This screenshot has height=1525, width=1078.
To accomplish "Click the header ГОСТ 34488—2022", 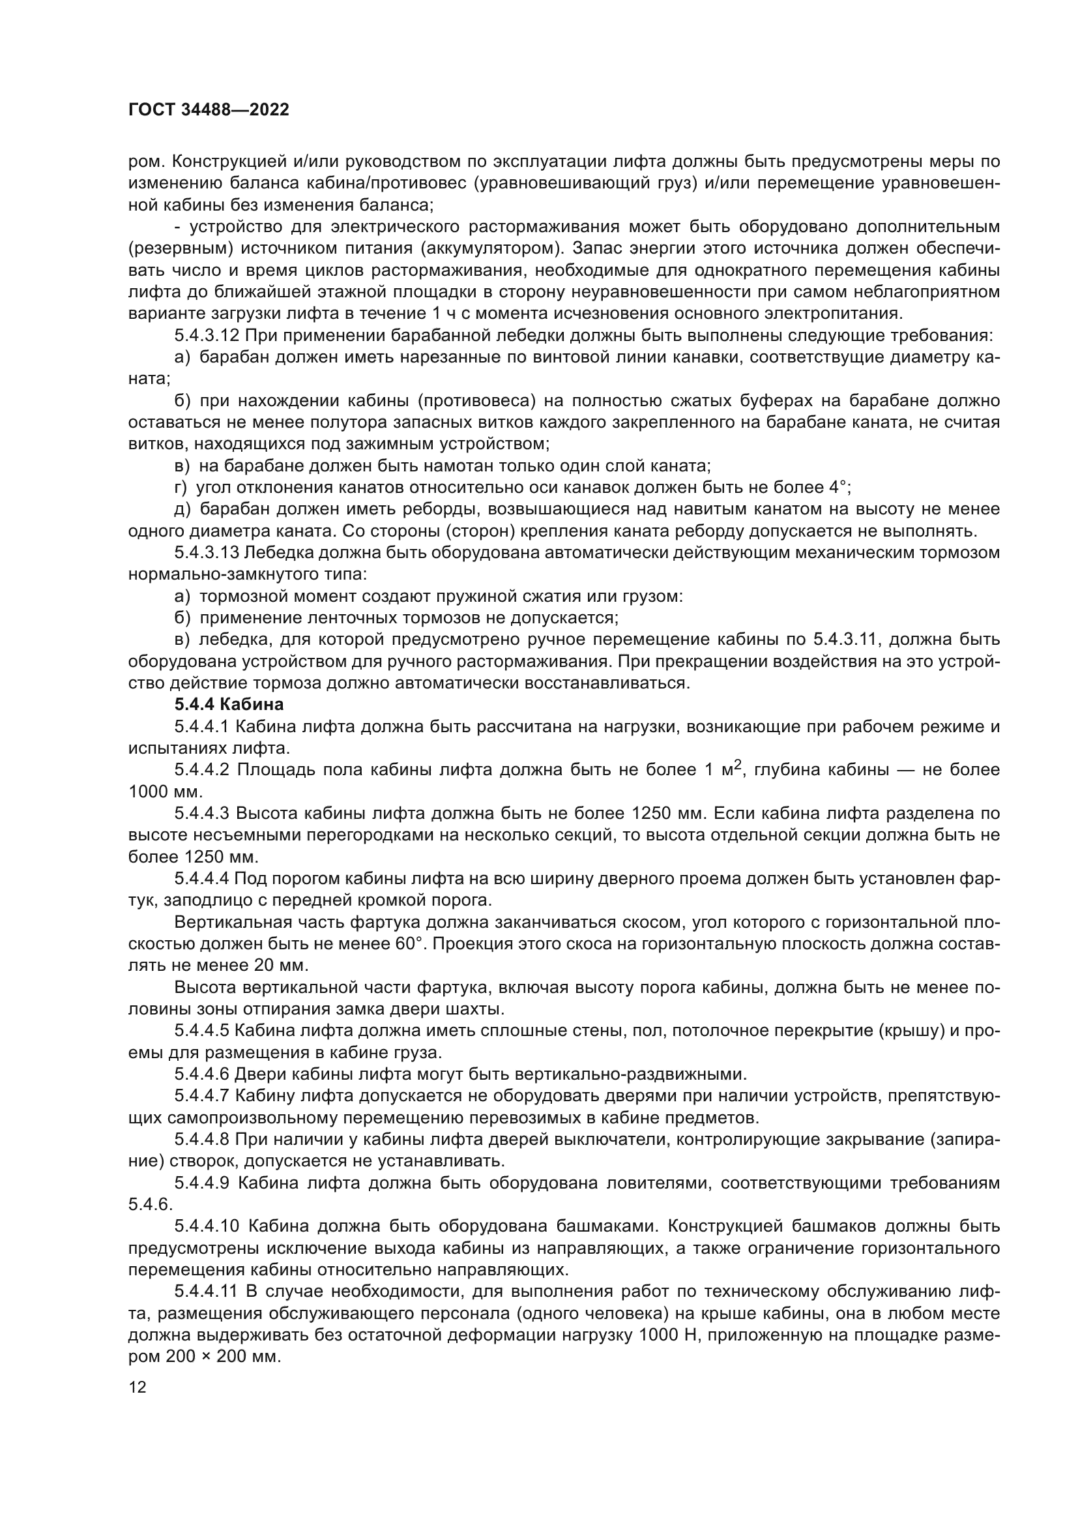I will point(209,110).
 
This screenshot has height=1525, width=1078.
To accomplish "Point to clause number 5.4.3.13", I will point(207,553).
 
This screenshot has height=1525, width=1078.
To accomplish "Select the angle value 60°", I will point(414,944).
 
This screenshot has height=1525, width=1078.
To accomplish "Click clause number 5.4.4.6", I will point(201,1074).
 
